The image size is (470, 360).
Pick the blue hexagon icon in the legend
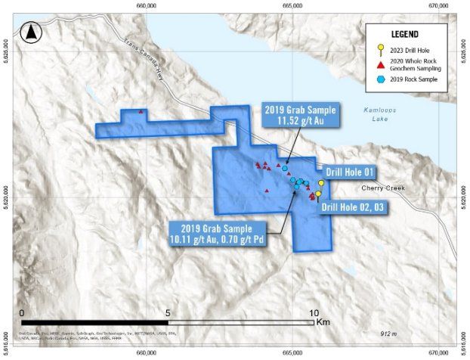382,80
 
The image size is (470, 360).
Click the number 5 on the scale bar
169,312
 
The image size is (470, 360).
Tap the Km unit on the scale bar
324,323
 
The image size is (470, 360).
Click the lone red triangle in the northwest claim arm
141,113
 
